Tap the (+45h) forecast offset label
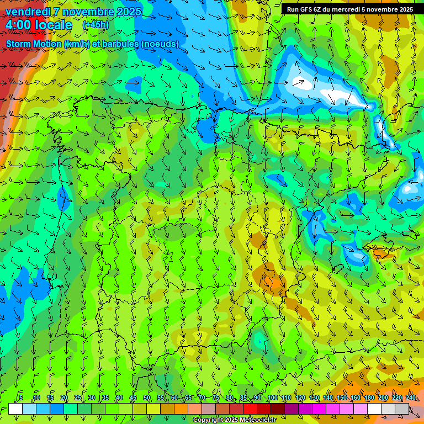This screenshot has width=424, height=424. [x=96, y=25]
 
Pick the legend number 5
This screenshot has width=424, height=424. [x=21, y=397]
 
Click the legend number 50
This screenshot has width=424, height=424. [x=147, y=397]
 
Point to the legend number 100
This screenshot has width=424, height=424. [x=272, y=397]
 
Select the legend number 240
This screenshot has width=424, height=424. [x=411, y=397]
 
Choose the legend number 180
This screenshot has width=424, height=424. [x=369, y=397]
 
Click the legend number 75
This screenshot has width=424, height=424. [x=216, y=397]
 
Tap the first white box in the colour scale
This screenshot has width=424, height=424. [x=15, y=409]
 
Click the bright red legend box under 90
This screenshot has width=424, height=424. [x=250, y=409]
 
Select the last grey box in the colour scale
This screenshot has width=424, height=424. [x=402, y=409]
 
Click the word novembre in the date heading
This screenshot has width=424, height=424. [x=88, y=12]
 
